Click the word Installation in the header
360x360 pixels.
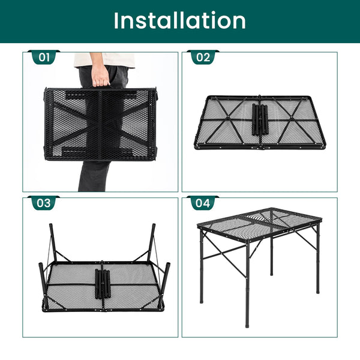(180, 20)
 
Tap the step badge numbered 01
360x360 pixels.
(44, 57)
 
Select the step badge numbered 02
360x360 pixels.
(203, 57)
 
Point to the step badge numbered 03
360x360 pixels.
(44, 203)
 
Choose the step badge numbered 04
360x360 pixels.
(203, 203)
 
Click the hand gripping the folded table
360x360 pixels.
(100, 76)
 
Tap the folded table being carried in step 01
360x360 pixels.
(101, 124)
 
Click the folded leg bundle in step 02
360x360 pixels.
(260, 119)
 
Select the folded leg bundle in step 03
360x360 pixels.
(103, 284)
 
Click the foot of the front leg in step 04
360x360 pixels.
(247, 325)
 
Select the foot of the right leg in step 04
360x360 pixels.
(317, 291)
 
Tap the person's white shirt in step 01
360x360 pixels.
(104, 60)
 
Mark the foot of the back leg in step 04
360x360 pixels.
(272, 273)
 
